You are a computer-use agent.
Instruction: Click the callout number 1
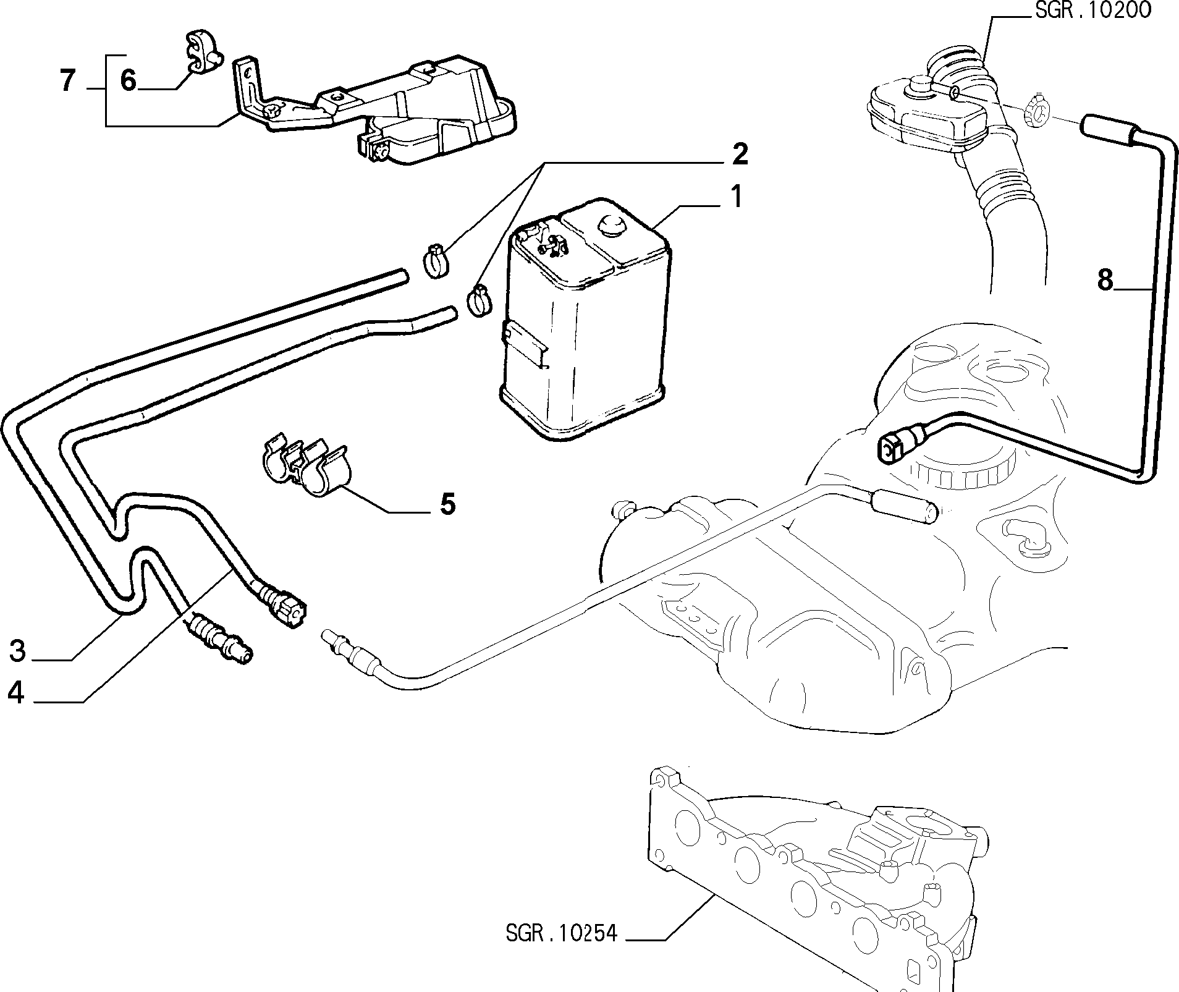pos(736,197)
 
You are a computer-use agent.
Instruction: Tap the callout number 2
pos(738,154)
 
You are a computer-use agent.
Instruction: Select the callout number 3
pos(17,650)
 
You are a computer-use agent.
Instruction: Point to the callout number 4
pos(16,693)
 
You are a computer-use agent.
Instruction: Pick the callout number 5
pos(447,504)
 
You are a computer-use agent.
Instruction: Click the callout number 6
pos(128,80)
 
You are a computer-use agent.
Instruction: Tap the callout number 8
pos(1105,280)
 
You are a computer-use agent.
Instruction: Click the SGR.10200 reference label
pos(1092,11)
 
